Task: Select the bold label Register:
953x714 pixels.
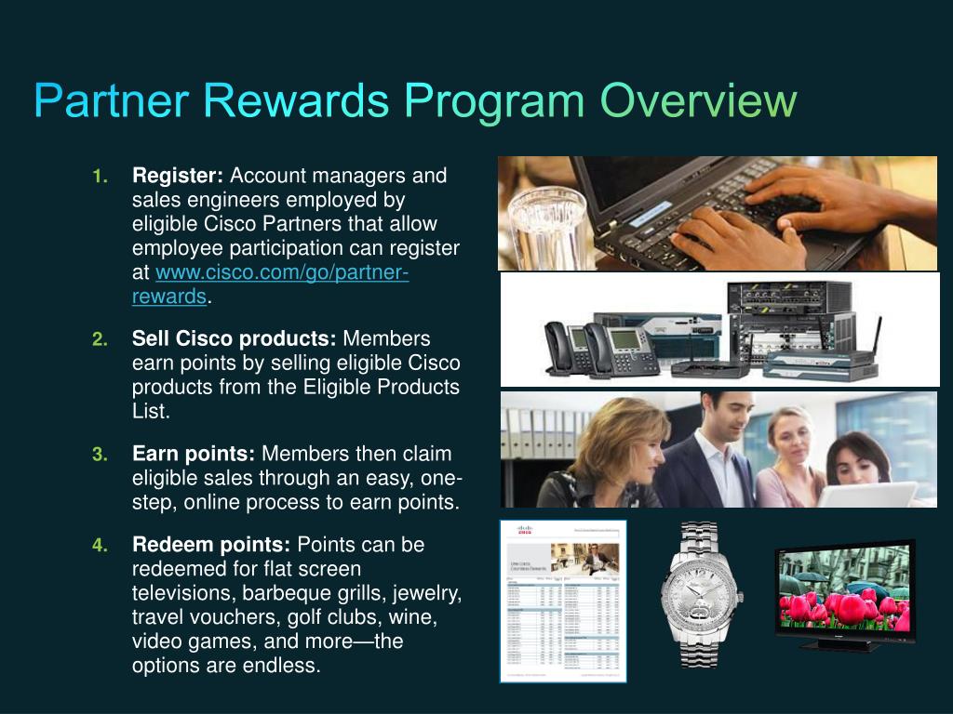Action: click(x=178, y=176)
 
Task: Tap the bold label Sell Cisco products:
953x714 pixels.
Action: click(x=235, y=338)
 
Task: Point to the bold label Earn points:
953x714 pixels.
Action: click(x=194, y=454)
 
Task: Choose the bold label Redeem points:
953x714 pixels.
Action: click(x=211, y=545)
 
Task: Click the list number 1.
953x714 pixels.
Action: click(x=101, y=177)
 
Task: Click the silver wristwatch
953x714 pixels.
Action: click(x=702, y=595)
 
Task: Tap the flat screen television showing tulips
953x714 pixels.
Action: click(x=844, y=590)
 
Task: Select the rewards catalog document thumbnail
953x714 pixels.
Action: click(x=563, y=601)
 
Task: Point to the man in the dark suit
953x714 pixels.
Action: click(x=717, y=451)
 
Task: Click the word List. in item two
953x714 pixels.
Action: click(x=151, y=411)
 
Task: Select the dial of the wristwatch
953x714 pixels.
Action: click(x=702, y=592)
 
